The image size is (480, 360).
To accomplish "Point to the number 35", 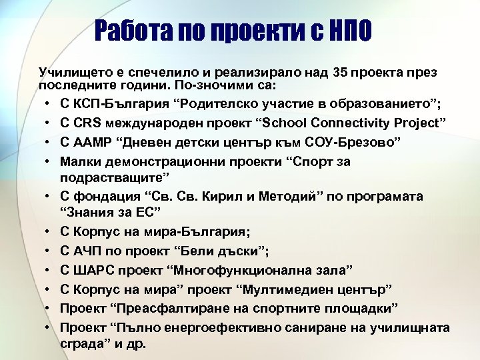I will click(317, 72).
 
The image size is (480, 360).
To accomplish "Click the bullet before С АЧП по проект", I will click(51, 251).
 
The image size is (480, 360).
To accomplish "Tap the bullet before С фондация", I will click(51, 197).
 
